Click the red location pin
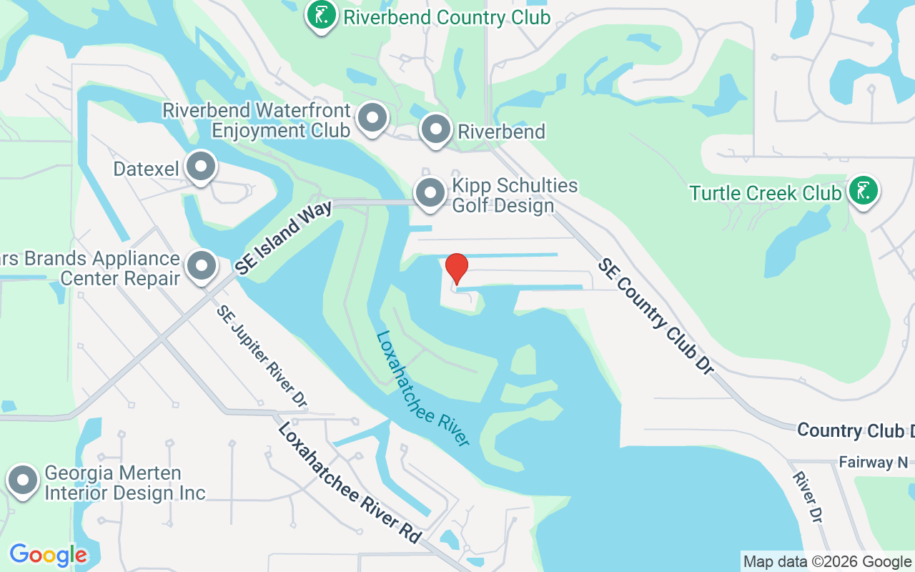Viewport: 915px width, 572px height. coord(457,269)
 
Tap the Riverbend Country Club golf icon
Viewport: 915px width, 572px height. coord(322,15)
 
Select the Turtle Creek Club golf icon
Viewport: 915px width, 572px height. coord(864,191)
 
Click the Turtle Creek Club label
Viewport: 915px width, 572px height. coord(766,193)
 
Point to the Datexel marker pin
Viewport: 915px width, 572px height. coord(201,167)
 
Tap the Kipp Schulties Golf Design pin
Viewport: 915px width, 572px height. coord(430,193)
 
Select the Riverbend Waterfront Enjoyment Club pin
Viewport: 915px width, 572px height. coord(372,118)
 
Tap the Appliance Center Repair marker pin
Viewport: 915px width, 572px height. coord(202,265)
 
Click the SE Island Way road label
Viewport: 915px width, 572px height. coord(284,238)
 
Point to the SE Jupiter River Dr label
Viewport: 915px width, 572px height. coord(262,357)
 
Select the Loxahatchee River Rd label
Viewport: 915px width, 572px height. coord(349,483)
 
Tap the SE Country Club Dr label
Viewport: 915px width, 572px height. coord(656,316)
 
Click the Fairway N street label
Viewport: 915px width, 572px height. coord(876,463)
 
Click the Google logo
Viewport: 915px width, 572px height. coord(49,555)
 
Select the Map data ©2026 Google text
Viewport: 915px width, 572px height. coord(827,562)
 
